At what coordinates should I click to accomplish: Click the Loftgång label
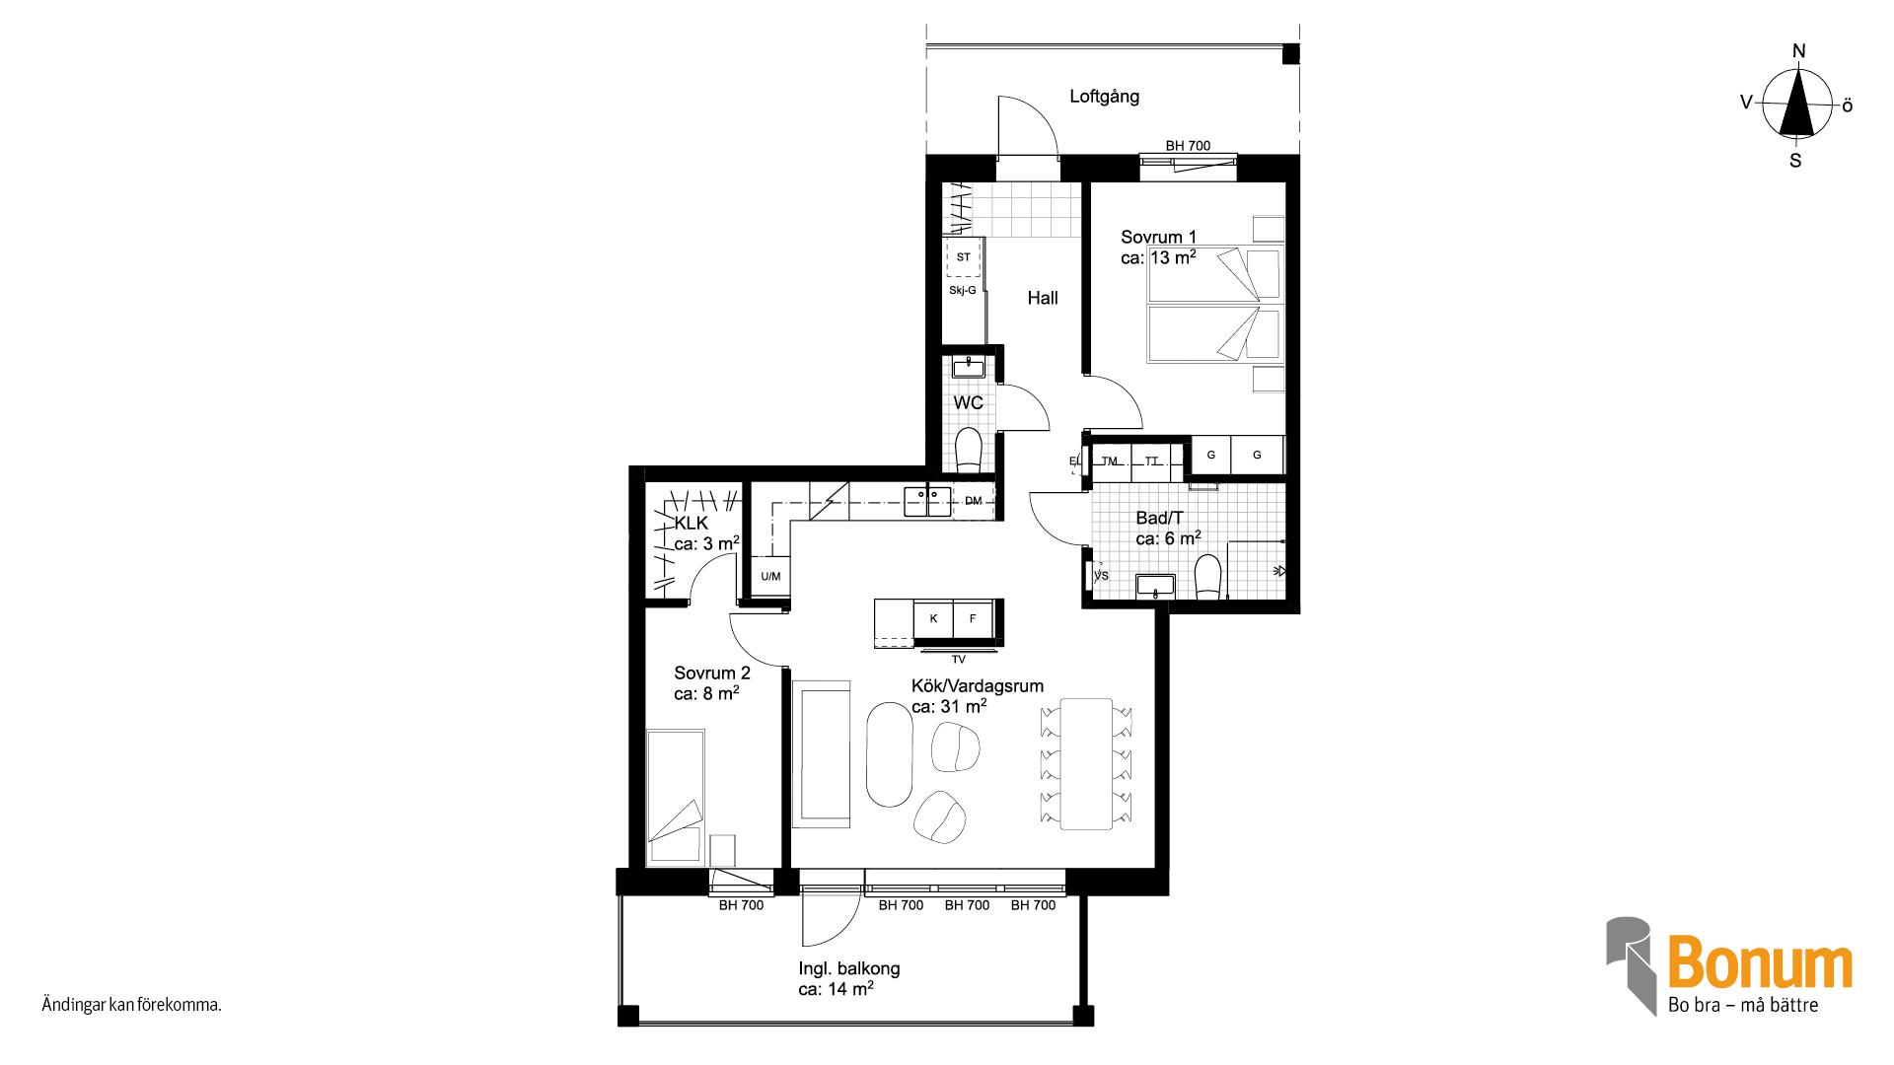pos(1104,97)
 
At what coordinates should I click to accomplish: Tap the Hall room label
pos(1042,298)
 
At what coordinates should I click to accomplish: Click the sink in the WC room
pos(969,368)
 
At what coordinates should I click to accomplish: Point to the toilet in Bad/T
pos(1208,578)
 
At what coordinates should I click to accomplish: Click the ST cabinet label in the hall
pos(964,257)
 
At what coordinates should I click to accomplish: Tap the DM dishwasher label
pos(974,501)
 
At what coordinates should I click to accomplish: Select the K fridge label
pos(933,619)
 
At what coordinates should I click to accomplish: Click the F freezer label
pos(973,619)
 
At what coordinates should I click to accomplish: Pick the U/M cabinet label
pos(770,577)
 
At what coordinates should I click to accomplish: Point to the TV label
pos(958,660)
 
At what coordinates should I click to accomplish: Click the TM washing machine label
pos(1110,461)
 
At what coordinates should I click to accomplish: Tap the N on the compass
pos(1798,51)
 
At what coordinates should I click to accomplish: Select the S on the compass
pos(1795,161)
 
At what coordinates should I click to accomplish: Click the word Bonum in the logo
pos(1761,962)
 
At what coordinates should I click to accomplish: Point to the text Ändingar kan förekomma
pos(131,1005)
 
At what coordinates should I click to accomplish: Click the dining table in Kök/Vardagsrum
pos(1086,764)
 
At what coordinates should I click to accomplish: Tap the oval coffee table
pos(889,754)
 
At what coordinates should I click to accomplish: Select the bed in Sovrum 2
pos(676,798)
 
